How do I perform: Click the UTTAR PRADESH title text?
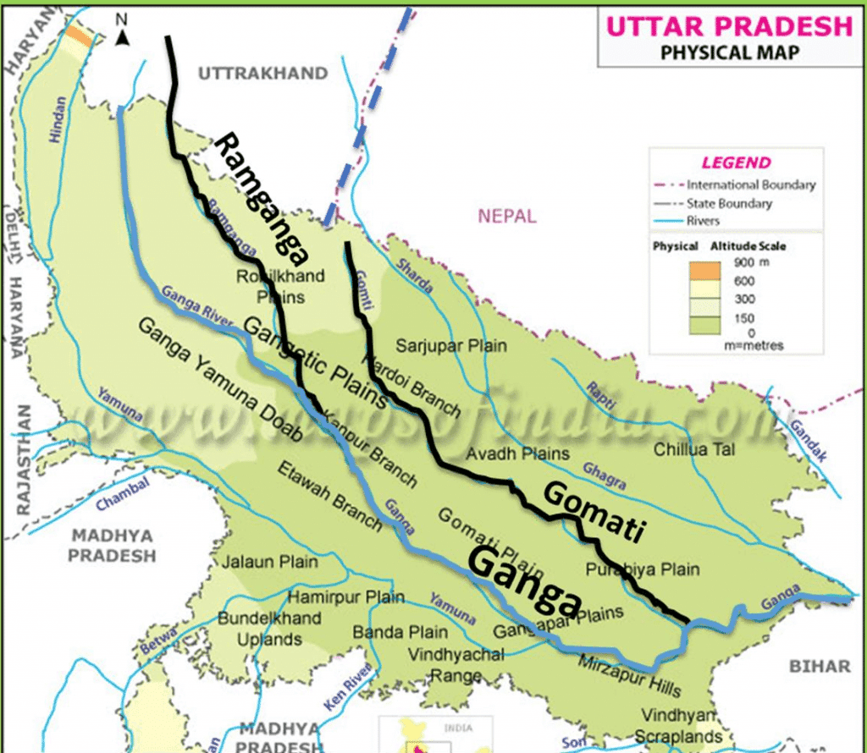coord(729,25)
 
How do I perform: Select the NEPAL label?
coord(507,216)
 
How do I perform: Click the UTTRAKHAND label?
coord(262,74)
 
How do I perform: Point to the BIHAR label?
coord(820,667)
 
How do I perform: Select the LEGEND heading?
coord(736,163)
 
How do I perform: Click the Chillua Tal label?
coord(693,450)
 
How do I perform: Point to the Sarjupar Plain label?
coord(451,345)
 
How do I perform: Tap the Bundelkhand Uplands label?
coord(269,629)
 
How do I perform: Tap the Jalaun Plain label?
coord(270,561)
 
